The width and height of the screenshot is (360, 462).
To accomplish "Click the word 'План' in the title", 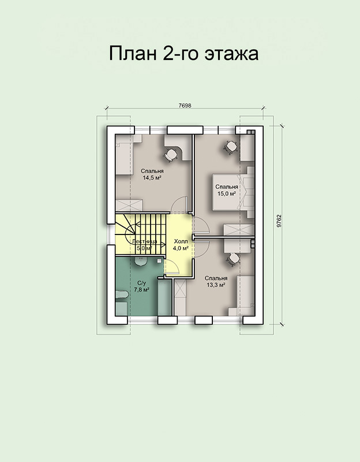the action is pos(133,54).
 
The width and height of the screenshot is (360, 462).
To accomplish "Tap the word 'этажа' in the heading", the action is pos(231,54).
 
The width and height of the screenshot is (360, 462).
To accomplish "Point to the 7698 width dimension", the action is pos(185,106).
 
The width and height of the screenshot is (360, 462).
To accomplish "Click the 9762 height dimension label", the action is pos(279,221).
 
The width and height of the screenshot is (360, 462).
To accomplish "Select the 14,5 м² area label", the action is pos(152,178).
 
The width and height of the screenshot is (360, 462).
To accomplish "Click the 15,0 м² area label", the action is pos(227,193).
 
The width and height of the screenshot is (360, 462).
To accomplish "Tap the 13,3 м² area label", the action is pos(216,285).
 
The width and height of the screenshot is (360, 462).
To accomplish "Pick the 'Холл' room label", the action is pos(181,241).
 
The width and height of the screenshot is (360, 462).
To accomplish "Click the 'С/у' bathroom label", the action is pos(141,283).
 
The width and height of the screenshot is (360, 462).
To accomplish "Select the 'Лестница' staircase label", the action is pos(145,241).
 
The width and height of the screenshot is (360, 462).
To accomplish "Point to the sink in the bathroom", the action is pos(141,261).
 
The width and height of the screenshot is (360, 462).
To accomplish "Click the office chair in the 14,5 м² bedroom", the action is pos(171,155).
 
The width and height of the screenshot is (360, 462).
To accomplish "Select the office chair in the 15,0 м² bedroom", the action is pos(231,147).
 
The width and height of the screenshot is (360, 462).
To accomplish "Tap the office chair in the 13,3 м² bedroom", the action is pos(234,259).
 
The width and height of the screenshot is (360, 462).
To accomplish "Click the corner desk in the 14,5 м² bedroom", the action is pos(178,147).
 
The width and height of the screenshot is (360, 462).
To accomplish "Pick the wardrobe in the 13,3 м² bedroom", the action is pos(180,297).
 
